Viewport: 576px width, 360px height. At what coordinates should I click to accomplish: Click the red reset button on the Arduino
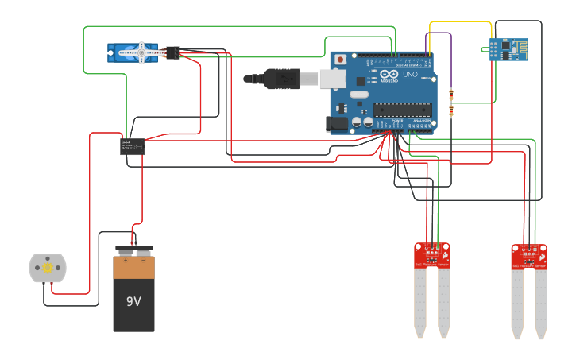341,60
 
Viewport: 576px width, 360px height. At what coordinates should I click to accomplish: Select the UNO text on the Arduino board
410,75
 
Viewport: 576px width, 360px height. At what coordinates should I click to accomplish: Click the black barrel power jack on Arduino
337,124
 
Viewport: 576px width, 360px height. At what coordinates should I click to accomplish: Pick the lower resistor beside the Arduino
451,112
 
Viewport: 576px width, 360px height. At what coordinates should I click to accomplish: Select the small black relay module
132,146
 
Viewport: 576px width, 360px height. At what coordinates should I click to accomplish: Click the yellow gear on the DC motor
47,269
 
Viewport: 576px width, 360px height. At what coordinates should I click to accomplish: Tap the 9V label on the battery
133,302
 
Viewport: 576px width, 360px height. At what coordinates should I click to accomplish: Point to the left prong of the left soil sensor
421,302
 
